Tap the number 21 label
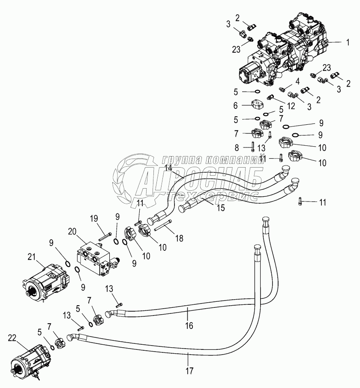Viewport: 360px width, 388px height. click(31, 257)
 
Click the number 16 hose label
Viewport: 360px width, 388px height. click(189, 326)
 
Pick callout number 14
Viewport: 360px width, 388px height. click(168, 168)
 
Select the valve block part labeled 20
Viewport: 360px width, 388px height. click(96, 259)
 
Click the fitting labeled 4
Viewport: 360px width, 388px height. click(282, 90)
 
